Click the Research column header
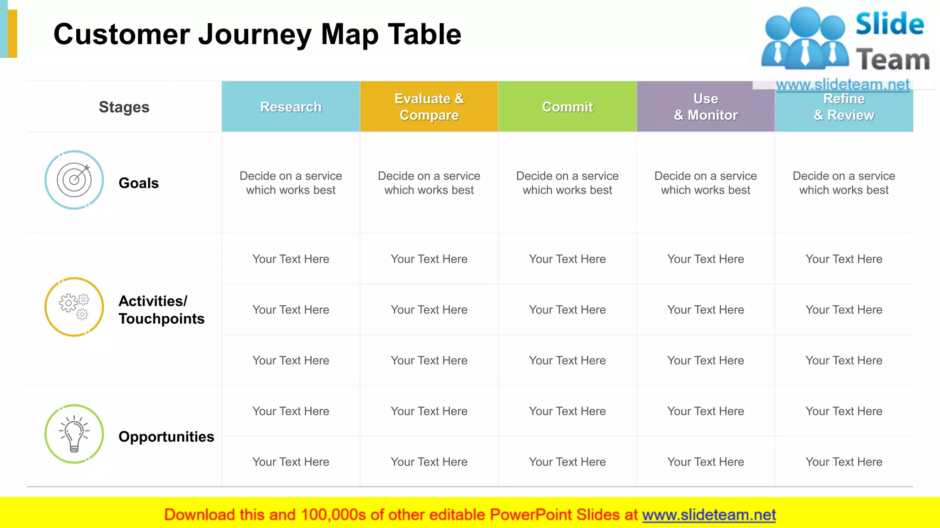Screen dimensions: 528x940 point(291,107)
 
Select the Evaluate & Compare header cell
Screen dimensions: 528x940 point(429,107)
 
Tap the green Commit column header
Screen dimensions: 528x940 point(567,107)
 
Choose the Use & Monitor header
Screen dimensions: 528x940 point(705,107)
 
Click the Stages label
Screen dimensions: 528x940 point(124,107)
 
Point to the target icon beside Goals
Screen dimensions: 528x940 point(74,180)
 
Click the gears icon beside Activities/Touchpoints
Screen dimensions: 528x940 point(74,307)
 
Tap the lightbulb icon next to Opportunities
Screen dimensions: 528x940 point(74,434)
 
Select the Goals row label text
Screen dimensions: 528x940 point(139,183)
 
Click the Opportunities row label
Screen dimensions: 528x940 point(166,436)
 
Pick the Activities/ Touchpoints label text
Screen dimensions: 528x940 point(161,310)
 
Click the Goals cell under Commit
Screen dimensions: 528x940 point(567,183)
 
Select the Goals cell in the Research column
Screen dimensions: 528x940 point(291,183)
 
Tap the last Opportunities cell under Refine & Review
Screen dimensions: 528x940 point(844,462)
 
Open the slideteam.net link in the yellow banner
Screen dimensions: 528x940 point(709,515)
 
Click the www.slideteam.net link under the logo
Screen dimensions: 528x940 point(843,84)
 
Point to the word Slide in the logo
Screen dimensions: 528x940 point(890,24)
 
